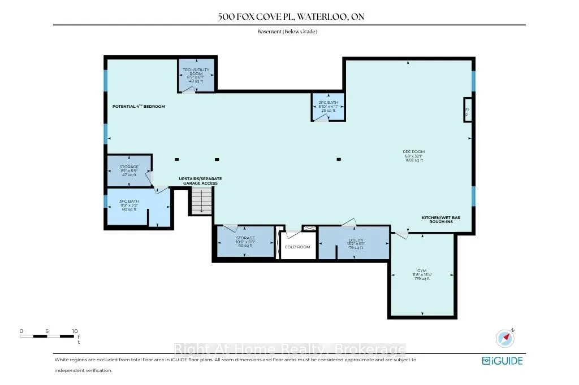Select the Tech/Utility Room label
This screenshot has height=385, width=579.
click(x=196, y=75)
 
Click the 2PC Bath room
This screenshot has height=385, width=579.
click(x=327, y=107)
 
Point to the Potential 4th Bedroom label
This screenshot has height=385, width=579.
click(x=139, y=106)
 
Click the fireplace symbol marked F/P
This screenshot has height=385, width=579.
click(x=467, y=112)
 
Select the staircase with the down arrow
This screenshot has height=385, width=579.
click(x=201, y=201)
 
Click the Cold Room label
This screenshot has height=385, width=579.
click(x=298, y=247)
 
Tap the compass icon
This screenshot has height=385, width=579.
click(x=504, y=338)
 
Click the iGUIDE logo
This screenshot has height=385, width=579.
click(x=502, y=361)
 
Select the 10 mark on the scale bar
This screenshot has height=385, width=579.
click(x=75, y=331)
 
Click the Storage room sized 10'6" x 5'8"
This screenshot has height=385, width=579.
click(x=245, y=242)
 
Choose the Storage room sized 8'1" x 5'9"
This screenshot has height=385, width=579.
click(x=129, y=171)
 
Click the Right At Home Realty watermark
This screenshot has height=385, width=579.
click(x=289, y=349)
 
